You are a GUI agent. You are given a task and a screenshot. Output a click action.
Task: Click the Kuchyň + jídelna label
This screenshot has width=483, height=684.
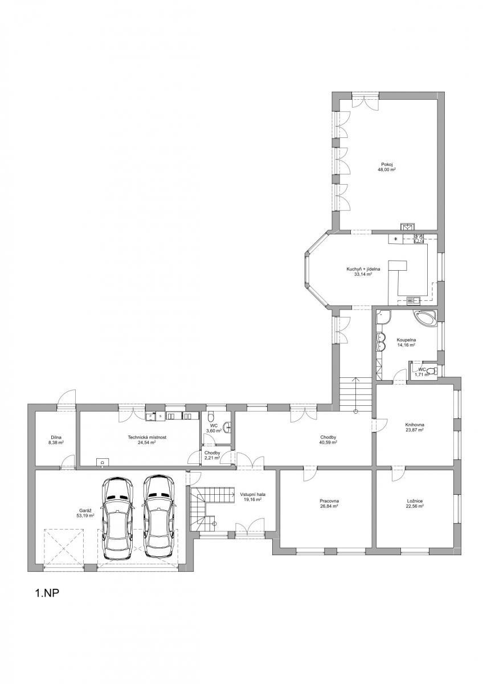click(x=363, y=269)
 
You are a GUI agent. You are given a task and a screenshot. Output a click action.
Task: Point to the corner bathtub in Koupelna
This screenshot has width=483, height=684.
click(x=425, y=319)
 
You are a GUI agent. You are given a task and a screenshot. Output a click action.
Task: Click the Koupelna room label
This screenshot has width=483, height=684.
click(x=406, y=340)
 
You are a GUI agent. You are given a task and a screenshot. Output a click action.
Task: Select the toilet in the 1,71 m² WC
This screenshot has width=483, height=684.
click(x=431, y=371)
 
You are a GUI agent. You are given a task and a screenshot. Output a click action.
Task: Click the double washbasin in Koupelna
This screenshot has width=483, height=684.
click(x=380, y=341)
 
